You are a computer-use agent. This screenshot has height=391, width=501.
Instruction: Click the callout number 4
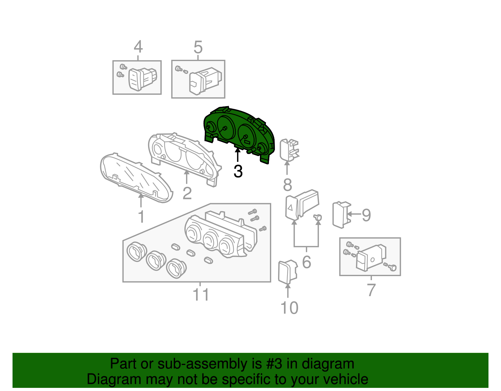(x=138, y=47)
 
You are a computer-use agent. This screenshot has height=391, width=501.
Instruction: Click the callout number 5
(x=198, y=47)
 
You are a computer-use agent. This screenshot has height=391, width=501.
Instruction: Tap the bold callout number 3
(x=238, y=171)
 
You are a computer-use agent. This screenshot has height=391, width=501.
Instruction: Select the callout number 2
(x=187, y=193)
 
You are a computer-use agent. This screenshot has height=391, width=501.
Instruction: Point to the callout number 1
(x=141, y=216)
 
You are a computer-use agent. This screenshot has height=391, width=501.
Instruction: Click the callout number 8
(x=287, y=185)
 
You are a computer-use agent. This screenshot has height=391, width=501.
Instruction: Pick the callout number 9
(x=366, y=215)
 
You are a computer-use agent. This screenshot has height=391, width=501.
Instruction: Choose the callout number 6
(x=307, y=262)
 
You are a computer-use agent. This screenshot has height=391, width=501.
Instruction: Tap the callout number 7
(x=371, y=290)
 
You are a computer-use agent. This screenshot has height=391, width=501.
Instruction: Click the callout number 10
(x=289, y=308)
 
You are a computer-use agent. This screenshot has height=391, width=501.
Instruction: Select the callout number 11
(x=201, y=294)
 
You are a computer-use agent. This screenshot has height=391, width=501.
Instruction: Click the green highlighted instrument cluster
(x=239, y=134)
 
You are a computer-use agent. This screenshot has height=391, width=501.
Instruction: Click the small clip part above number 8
(x=289, y=150)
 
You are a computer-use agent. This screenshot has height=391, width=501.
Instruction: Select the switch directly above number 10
(x=288, y=272)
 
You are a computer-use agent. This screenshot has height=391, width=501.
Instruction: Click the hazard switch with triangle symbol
(x=302, y=205)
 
